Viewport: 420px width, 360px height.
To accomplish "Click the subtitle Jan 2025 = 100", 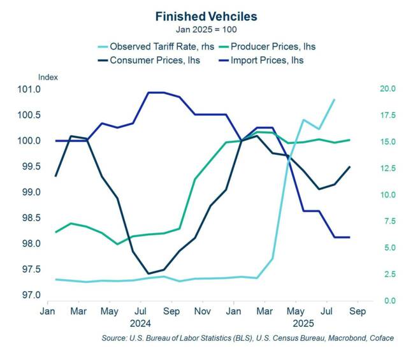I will (x=209, y=29).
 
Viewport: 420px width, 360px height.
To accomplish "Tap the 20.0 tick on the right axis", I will (x=388, y=89).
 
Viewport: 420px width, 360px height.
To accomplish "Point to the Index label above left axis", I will (x=48, y=77).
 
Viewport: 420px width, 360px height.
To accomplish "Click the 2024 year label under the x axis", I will (x=140, y=324).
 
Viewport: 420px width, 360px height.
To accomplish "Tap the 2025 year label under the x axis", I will (x=295, y=324).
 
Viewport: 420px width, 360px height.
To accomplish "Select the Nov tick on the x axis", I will (x=202, y=312).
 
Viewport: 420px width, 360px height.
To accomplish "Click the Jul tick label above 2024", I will (x=140, y=312).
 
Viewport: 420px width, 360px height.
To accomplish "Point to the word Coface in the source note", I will (x=379, y=338).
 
